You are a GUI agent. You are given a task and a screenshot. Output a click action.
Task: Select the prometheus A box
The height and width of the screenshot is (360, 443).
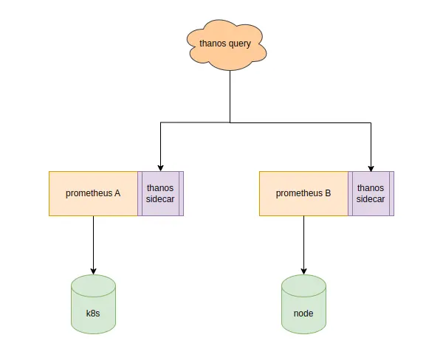93,193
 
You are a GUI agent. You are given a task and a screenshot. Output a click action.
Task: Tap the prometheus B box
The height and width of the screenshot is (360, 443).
303,193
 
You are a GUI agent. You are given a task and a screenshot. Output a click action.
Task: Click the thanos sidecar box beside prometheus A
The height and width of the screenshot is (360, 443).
160,193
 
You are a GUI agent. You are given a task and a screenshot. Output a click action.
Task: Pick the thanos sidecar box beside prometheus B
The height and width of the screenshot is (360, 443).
371,193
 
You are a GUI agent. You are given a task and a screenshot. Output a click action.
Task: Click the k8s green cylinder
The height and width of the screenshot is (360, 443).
93,303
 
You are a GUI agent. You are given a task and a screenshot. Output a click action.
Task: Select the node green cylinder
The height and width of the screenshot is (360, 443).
303,303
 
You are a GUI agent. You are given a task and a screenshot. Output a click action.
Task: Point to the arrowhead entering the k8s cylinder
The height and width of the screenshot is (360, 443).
93,270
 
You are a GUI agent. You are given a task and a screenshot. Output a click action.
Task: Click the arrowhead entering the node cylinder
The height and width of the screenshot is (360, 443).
303,270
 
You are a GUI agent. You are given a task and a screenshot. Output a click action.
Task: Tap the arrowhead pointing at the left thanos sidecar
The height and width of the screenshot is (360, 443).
160,167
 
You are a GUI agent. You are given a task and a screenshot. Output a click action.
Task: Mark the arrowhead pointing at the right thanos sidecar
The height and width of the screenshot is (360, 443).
371,167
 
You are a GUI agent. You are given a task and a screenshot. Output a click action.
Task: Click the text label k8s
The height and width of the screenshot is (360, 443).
93,314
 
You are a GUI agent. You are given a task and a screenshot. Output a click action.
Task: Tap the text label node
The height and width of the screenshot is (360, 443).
303,314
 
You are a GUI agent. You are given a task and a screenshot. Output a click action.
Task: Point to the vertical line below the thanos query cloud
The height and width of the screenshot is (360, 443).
230,96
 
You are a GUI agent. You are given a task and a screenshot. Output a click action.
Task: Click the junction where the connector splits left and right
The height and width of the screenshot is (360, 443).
230,122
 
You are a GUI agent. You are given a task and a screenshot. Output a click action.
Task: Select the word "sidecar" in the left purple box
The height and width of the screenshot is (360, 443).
160,199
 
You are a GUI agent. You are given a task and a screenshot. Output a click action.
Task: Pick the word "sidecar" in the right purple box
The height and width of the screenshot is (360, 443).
371,199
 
